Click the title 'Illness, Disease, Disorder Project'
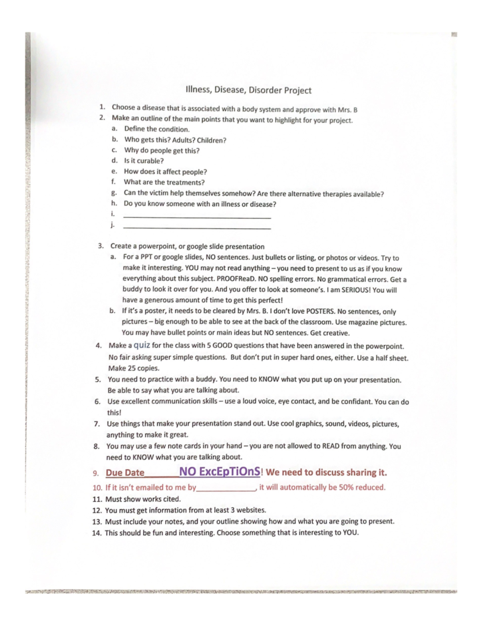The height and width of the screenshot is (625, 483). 248,90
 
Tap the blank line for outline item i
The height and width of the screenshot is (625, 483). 197,217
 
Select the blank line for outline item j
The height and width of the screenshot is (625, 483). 197,228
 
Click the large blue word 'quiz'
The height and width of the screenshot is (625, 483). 142,345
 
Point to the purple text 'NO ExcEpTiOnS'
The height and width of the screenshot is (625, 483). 220,472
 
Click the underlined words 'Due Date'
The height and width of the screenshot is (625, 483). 125,473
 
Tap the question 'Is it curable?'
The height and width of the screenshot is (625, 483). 144,161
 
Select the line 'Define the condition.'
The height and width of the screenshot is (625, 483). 157,129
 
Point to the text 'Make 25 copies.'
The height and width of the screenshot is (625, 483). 134,368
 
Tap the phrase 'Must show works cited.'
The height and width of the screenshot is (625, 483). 143,499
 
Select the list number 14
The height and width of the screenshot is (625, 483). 96,533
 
